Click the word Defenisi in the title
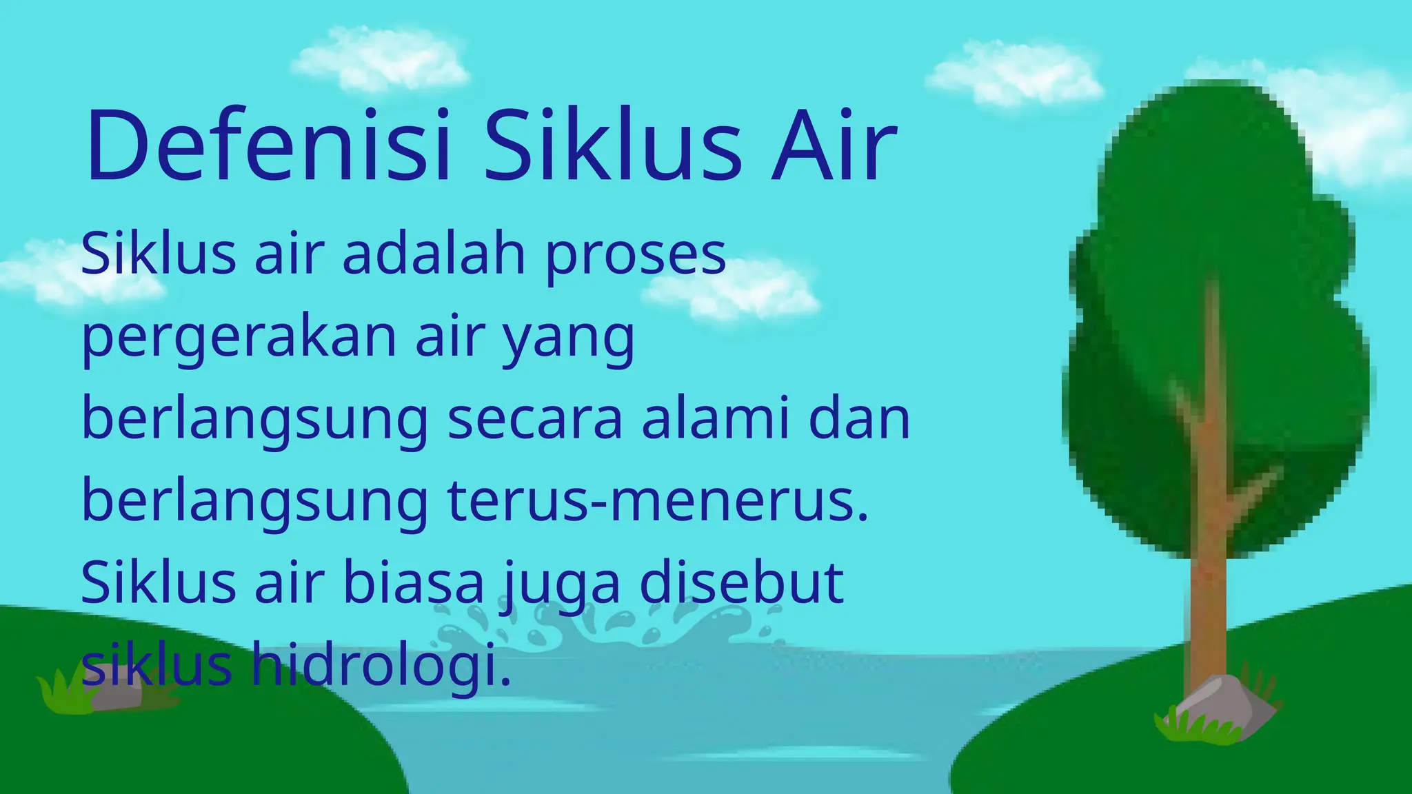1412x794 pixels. (269, 146)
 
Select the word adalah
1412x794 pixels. (434, 254)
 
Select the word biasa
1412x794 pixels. (414, 582)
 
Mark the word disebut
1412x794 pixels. (741, 582)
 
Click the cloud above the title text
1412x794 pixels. (379, 59)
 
